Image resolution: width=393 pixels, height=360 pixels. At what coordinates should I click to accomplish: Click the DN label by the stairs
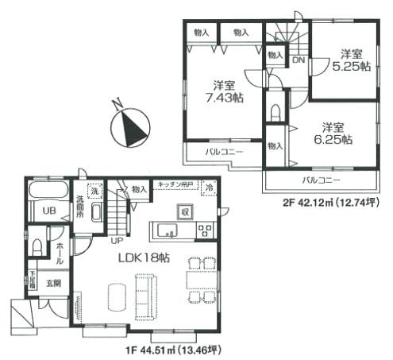click(298, 60)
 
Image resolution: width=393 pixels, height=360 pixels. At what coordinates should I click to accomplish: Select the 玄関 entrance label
click(52, 281)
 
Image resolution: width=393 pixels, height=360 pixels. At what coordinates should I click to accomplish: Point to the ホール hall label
click(60, 253)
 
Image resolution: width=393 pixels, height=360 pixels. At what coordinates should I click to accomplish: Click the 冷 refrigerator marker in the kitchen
click(210, 189)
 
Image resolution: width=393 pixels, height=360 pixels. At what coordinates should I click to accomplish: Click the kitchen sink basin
click(169, 232)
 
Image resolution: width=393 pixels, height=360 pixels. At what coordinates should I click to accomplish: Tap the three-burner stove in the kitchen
click(205, 231)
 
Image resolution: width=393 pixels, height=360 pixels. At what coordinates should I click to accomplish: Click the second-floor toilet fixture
click(275, 108)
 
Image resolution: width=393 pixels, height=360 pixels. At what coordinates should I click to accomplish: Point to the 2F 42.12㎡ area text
click(333, 203)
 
